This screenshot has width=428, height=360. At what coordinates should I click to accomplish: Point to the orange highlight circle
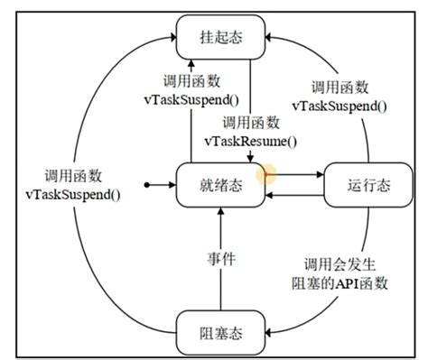point(265,172)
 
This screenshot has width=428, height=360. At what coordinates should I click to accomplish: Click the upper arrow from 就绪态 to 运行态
point(296,173)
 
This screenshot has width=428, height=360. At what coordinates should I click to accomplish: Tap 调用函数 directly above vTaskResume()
point(250,123)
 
